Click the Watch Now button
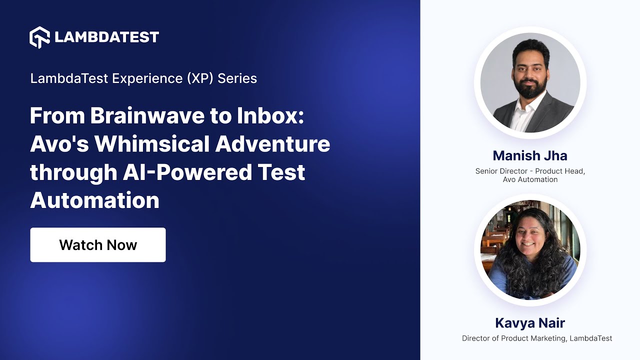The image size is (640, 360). (x=98, y=245)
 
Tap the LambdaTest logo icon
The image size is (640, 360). (x=39, y=37)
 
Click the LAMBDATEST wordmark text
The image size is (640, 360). (x=106, y=37)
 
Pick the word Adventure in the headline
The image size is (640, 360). (x=272, y=144)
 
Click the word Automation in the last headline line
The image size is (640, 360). (x=94, y=200)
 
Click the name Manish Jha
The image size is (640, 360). (x=530, y=155)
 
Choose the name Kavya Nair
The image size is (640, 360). (x=530, y=322)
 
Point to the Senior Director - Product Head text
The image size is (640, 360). (x=530, y=171)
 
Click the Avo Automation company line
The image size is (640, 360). (x=530, y=179)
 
